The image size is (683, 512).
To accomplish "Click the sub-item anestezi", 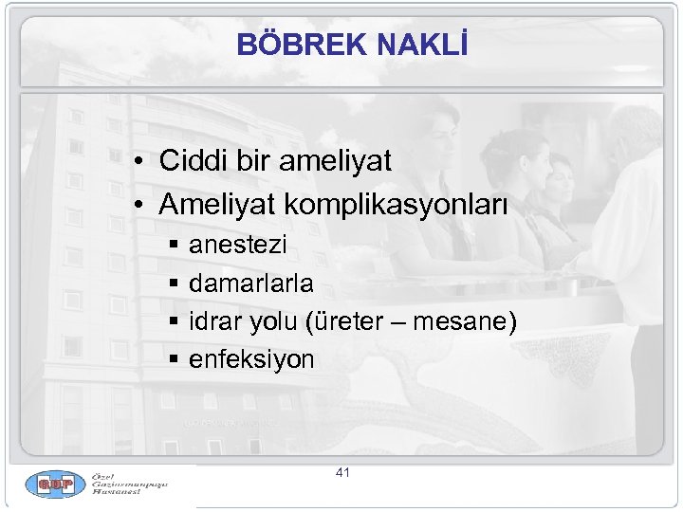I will tap(237, 247).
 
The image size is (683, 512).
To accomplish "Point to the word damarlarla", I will tap(251, 283).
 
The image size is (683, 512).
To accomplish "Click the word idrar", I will tap(214, 322).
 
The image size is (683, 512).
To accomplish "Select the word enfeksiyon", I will tap(251, 360).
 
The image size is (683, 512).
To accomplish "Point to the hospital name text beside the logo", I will tap(129, 485).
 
